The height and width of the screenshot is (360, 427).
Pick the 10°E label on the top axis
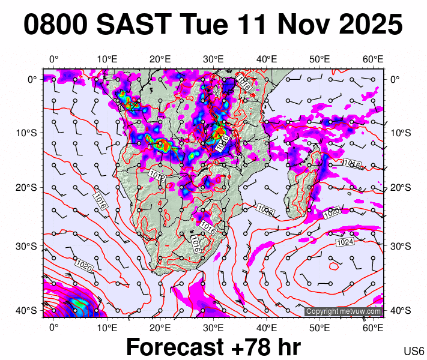[107, 59]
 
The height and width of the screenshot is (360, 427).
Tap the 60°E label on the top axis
[373, 59]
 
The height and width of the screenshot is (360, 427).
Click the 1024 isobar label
[345, 242]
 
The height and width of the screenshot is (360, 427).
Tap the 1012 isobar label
[157, 175]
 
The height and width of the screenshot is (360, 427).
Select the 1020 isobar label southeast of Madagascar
[332, 213]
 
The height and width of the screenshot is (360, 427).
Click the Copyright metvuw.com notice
[344, 311]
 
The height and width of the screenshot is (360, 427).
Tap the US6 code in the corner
[414, 351]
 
